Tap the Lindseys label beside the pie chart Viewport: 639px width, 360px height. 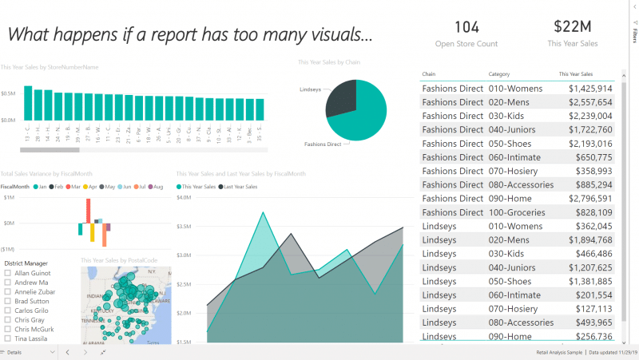[311, 89]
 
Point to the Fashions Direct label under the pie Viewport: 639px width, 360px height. [323, 144]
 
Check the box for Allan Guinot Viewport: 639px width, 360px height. [8, 273]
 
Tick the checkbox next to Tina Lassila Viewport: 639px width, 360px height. [8, 338]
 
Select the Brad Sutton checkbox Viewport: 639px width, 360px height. [8, 301]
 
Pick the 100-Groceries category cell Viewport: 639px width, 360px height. [516, 212]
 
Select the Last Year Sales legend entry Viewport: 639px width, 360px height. [240, 187]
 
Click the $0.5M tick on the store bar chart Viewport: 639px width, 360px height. [9, 93]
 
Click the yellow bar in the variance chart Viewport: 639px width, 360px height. [93, 232]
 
